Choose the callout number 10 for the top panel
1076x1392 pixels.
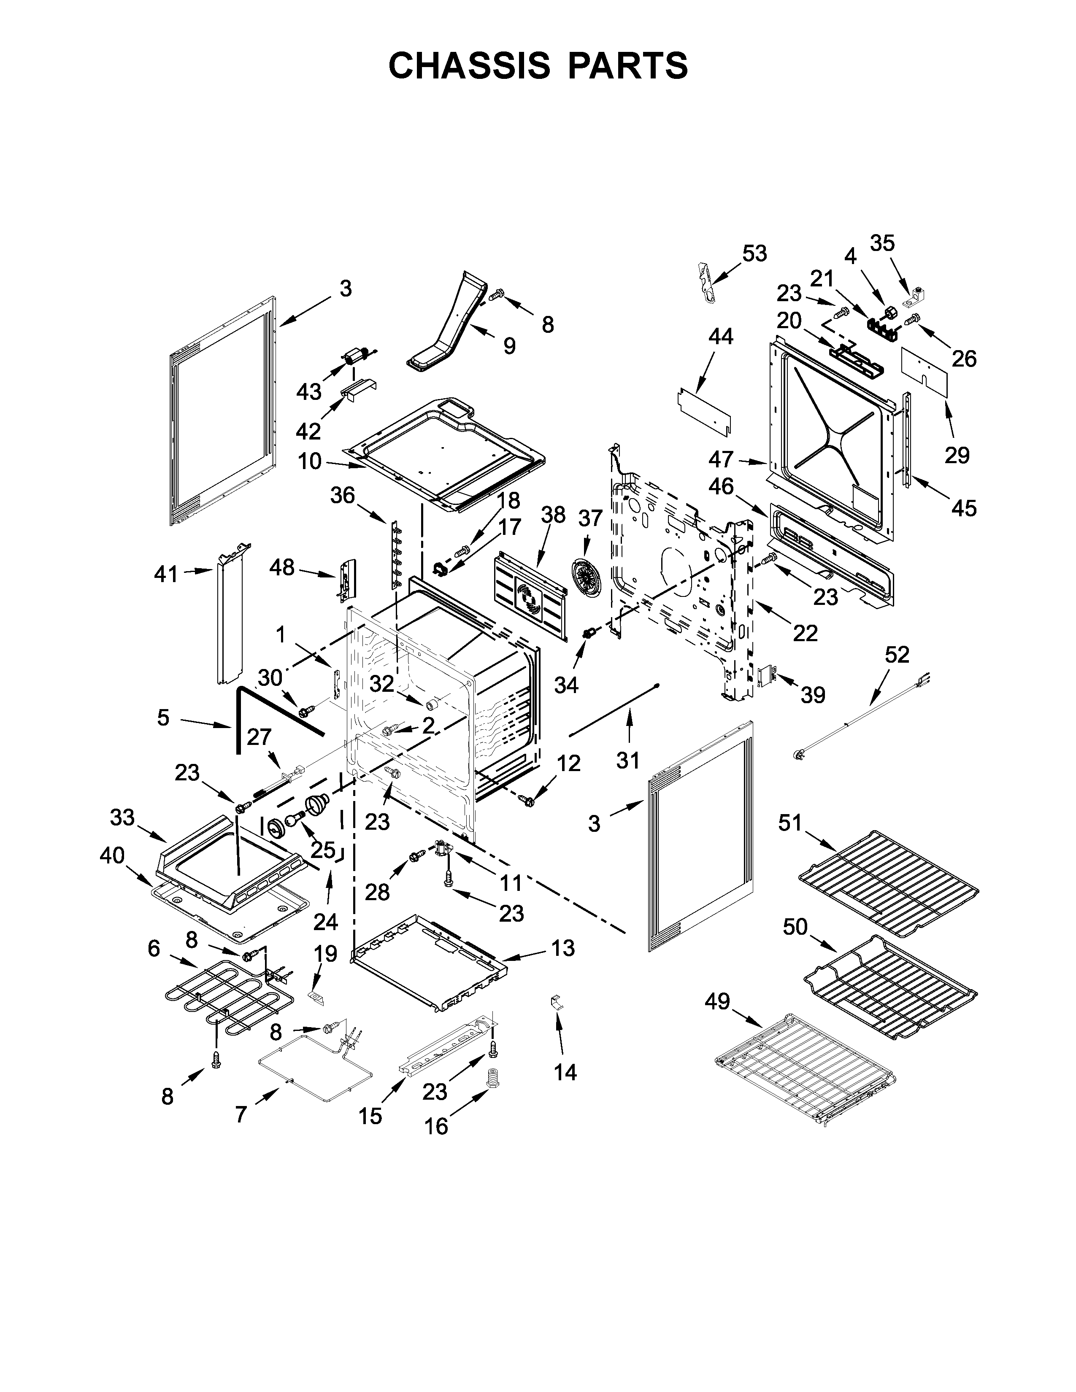pyautogui.click(x=310, y=461)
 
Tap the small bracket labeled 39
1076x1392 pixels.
pyautogui.click(x=766, y=675)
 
